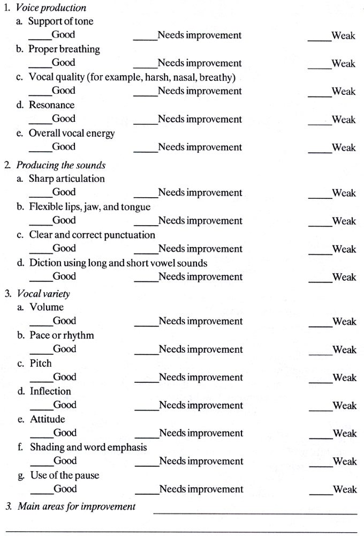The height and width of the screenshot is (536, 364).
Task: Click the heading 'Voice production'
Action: coord(51,8)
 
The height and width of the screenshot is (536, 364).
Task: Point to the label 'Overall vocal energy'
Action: coord(72,133)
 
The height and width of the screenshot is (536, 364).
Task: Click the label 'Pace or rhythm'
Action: coord(62,336)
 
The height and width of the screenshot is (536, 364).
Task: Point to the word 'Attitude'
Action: coord(48,419)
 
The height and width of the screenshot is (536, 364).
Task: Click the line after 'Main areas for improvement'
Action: coord(255,513)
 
